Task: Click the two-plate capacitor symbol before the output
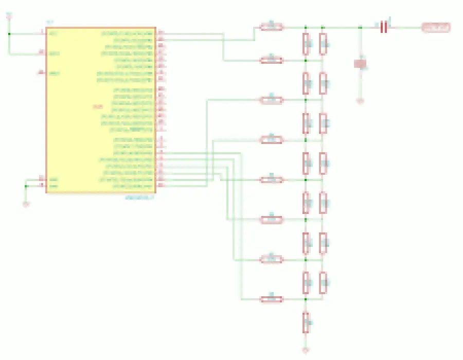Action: pyautogui.click(x=383, y=27)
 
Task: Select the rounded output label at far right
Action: pyautogui.click(x=436, y=27)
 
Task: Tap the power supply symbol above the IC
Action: pyautogui.click(x=9, y=16)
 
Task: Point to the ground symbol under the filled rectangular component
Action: pyautogui.click(x=360, y=101)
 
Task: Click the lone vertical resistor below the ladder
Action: pyautogui.click(x=306, y=322)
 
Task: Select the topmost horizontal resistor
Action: pyautogui.click(x=272, y=26)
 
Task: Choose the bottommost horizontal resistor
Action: pyautogui.click(x=272, y=299)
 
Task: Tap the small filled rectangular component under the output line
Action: pyautogui.click(x=361, y=64)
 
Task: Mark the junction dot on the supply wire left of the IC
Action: pyautogui.click(x=9, y=34)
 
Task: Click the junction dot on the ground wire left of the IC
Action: pyautogui.click(x=26, y=185)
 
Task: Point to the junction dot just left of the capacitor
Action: pyautogui.click(x=360, y=27)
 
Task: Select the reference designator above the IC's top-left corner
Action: pyautogui.click(x=50, y=23)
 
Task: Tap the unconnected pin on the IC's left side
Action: pyautogui.click(x=41, y=73)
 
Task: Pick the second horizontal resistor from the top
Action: pyautogui.click(x=272, y=60)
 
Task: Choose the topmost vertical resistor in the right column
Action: pyautogui.click(x=323, y=44)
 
